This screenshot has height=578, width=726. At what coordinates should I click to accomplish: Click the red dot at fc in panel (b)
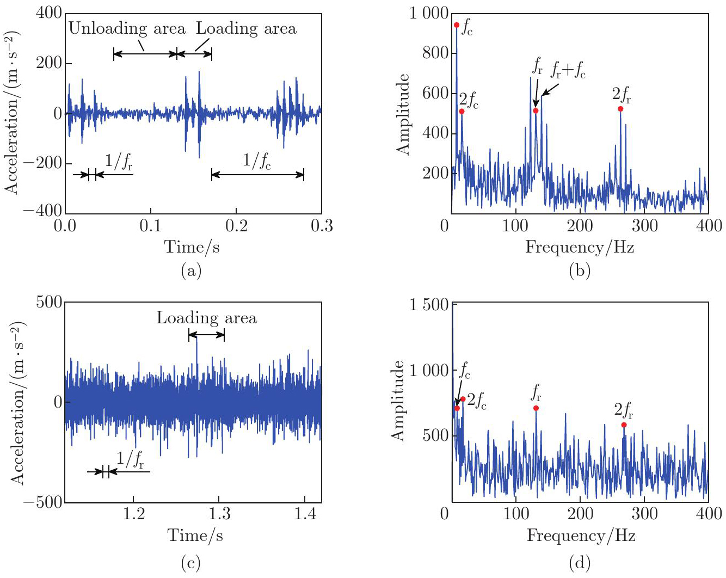coord(457,25)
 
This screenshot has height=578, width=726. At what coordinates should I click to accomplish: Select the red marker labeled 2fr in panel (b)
coord(620,109)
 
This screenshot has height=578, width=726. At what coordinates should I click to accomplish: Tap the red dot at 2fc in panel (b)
coord(462,111)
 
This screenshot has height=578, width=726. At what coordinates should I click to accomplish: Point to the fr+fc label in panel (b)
coord(568,70)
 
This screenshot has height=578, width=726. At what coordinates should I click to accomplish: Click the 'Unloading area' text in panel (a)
coord(127,28)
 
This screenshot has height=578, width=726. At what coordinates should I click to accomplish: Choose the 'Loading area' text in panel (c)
coord(206,318)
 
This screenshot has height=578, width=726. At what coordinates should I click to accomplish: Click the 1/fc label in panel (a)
coord(256,161)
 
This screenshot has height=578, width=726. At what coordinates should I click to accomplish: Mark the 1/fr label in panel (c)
coord(131,460)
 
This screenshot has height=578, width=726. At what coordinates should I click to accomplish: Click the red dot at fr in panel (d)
coord(536,408)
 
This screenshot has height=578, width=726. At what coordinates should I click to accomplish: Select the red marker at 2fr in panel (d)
coord(624,425)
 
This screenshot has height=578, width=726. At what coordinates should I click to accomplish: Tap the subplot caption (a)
coord(191,270)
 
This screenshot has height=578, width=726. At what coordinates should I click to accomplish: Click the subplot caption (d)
coord(579,563)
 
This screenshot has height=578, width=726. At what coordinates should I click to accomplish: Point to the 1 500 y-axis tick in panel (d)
coord(428,305)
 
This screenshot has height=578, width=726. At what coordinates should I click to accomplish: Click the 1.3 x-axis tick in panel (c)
coord(219,514)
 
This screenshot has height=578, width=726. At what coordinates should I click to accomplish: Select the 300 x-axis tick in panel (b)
coord(645,225)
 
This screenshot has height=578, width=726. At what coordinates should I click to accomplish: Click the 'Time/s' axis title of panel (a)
coord(192,247)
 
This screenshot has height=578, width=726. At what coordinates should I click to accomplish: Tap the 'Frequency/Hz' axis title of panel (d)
coord(581,536)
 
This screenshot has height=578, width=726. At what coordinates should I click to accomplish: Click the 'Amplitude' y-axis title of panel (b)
coord(403,114)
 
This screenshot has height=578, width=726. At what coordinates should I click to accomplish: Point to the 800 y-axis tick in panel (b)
coord(435,53)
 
